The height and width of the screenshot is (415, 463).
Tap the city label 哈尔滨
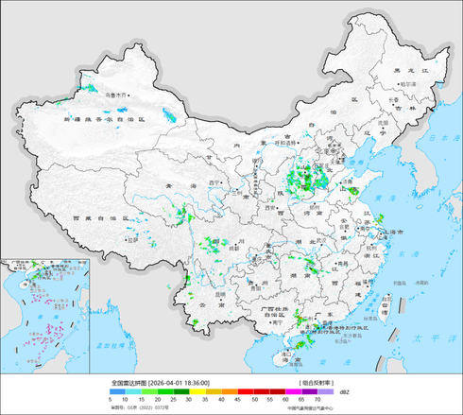pyautogui.click(x=407, y=84)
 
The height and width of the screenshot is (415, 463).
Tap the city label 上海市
pyautogui.click(x=391, y=232)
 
